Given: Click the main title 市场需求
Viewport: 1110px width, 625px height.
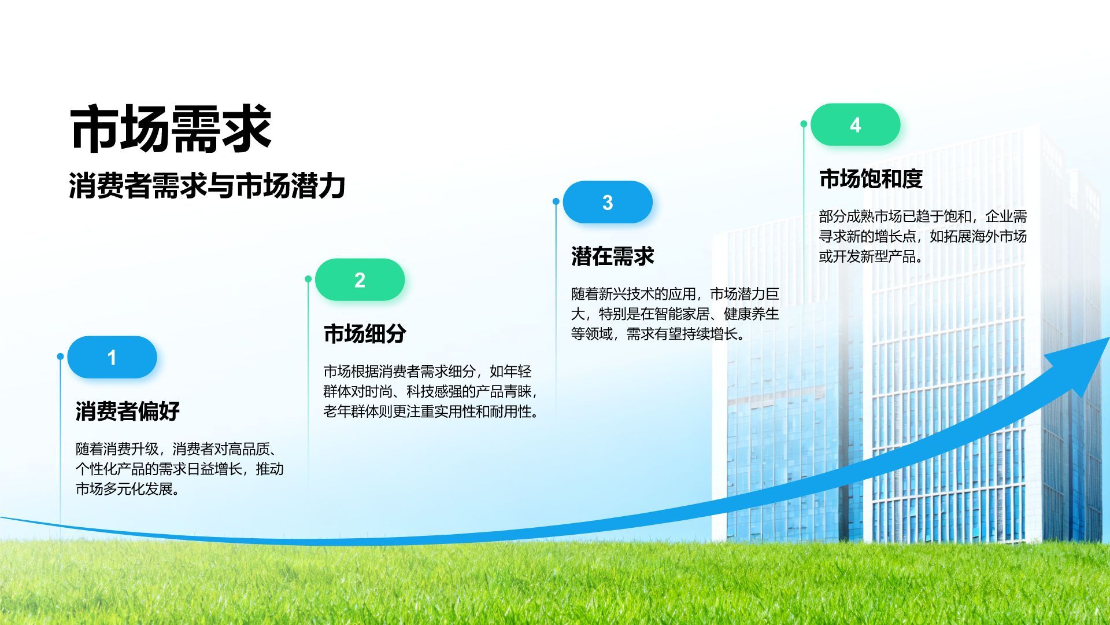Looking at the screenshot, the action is (171, 128).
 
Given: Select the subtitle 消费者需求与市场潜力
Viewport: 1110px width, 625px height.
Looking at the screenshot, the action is (207, 186).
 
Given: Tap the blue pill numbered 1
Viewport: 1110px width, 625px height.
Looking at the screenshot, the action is (112, 357).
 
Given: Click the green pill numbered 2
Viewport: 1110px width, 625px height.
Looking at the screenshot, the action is (360, 280).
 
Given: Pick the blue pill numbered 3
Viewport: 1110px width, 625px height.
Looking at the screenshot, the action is (608, 202).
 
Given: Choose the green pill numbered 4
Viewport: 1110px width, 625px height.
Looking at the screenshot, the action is (855, 124).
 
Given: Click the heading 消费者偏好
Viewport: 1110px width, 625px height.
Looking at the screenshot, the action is (128, 411).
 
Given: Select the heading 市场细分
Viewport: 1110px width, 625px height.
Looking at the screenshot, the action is (365, 334).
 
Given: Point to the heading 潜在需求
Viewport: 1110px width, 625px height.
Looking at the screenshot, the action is (613, 256).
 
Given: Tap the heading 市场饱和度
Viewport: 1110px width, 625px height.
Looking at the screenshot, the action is (871, 179).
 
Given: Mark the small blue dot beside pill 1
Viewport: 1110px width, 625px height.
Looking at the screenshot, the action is (60, 356).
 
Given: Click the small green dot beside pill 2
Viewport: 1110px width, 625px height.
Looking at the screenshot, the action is (308, 279).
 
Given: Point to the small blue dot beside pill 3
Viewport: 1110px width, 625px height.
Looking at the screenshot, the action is (556, 201).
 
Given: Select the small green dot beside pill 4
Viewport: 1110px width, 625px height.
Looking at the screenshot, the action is (804, 124).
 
